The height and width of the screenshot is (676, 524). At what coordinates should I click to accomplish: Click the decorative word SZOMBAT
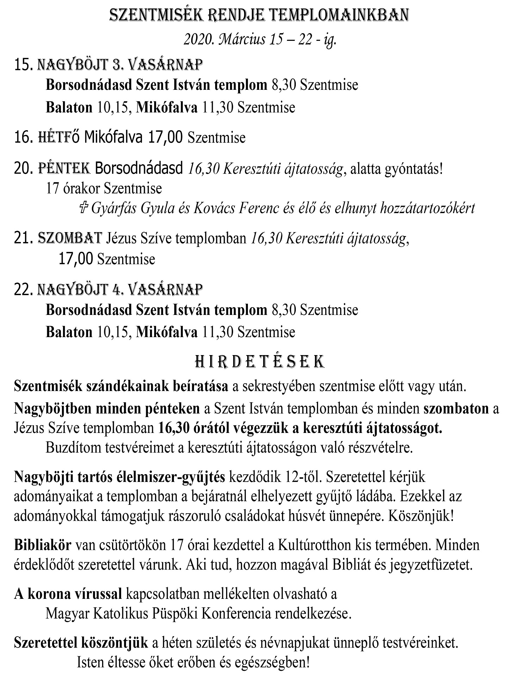pyautogui.click(x=70, y=238)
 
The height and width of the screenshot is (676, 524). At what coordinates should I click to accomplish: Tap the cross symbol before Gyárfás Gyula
pyautogui.click(x=83, y=208)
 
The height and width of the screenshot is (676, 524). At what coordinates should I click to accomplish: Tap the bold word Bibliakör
pyautogui.click(x=43, y=545)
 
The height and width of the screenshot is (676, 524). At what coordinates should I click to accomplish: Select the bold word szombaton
pyautogui.click(x=456, y=409)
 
